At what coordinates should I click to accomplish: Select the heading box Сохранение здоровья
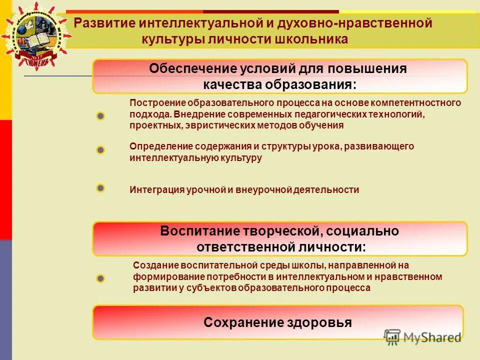pos(277,322)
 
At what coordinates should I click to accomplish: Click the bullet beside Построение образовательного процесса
pos(100,116)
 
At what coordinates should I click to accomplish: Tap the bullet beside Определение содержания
pos(100,149)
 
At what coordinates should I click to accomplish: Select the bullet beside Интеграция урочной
pos(100,188)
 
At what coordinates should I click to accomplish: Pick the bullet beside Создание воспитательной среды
pos(100,278)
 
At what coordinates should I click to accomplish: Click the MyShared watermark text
pos(432,337)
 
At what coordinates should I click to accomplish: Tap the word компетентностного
pos(418,103)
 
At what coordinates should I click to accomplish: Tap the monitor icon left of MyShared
pos(392,336)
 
